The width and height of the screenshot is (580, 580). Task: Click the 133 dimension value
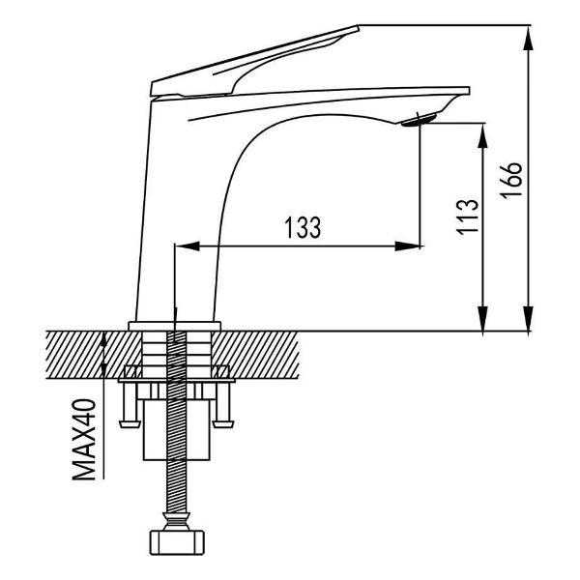coord(303,227)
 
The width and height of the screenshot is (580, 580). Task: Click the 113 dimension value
coord(468,217)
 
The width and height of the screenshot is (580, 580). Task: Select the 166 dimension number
coord(511,180)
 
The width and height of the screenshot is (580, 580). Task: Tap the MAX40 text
coord(84,439)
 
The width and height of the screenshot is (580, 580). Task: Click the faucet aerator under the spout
coord(420,120)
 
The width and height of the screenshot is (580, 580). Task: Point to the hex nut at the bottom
coord(177,542)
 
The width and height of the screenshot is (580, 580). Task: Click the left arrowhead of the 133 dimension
coord(188,246)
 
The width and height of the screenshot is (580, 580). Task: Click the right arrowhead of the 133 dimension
coord(408,246)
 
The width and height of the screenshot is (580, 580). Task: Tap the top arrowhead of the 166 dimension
coord(528,38)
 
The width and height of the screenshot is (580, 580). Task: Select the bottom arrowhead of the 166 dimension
coord(528,318)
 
